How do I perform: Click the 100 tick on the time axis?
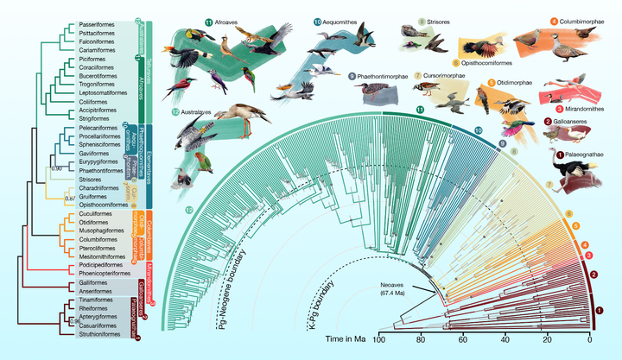click(378, 342)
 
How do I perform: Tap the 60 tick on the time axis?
click(463, 342)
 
